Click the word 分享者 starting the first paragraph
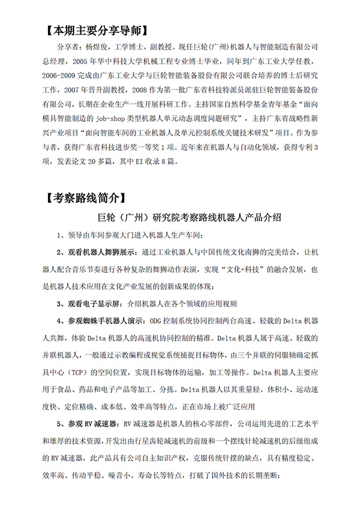[67, 46]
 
